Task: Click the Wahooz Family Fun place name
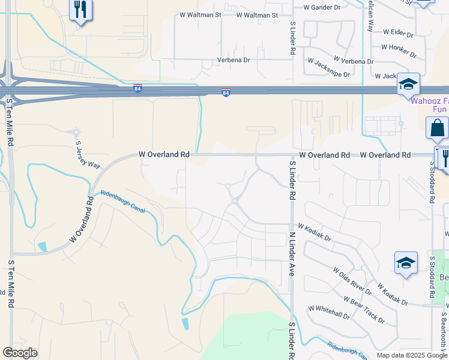tap(429, 105)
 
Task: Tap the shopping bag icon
tap(437, 128)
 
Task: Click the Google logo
tap(20, 353)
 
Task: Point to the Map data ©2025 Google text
tap(411, 355)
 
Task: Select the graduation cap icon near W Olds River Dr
tap(406, 262)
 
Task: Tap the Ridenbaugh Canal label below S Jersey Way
tap(123, 202)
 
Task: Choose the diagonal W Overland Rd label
tap(82, 218)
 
